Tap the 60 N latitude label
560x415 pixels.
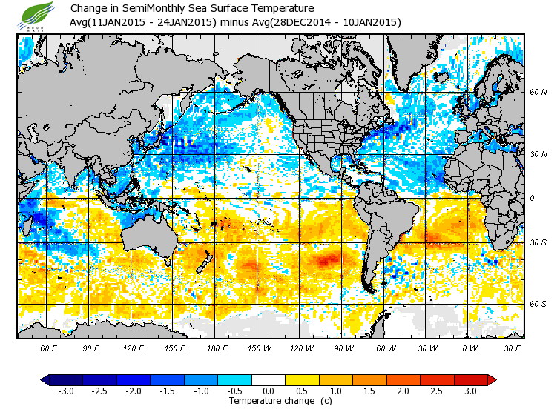coord(538,92)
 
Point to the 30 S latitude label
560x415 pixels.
coord(538,243)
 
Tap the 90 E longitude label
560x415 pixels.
coord(90,347)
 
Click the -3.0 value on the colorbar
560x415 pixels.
coord(66,391)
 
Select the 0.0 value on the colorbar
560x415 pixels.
coord(269,391)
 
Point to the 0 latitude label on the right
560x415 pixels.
coord(531,198)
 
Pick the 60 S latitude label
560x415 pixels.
coord(538,304)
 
